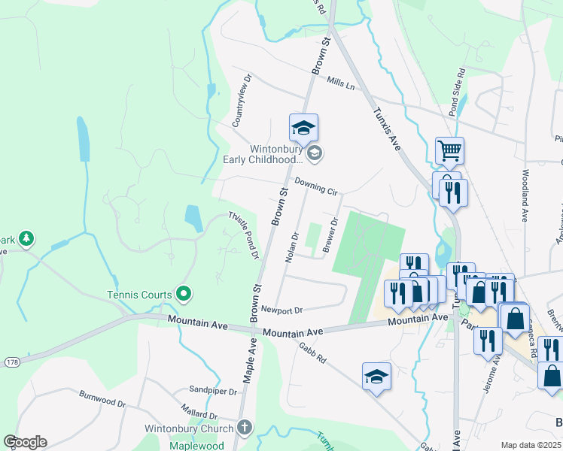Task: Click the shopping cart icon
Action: pos(449,150)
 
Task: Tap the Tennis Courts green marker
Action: pos(183,294)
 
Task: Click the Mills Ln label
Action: pos(340,86)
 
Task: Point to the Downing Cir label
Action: pos(316,186)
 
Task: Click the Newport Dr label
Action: pos(282,310)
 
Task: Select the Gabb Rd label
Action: pos(312,350)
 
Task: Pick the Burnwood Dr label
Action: pos(102,398)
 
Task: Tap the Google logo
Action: pos(25,442)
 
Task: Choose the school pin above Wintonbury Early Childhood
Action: pos(303,129)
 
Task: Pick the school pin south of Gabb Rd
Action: pos(376,378)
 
